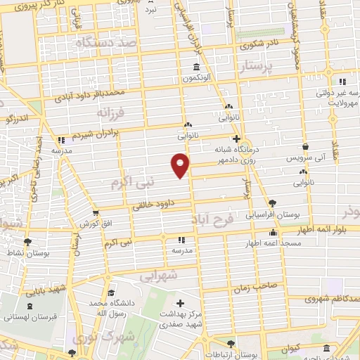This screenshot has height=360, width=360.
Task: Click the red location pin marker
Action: [x=180, y=165]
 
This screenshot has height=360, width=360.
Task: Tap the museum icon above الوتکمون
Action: [x=195, y=67]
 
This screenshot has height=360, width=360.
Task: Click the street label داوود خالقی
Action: [x=157, y=205]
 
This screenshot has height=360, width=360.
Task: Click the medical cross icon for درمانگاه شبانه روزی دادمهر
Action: [x=237, y=139]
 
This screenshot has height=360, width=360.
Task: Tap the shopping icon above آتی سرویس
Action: [x=305, y=146]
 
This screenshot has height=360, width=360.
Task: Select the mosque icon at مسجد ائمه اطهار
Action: [x=273, y=232]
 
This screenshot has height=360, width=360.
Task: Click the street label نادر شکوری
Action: [x=260, y=44]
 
